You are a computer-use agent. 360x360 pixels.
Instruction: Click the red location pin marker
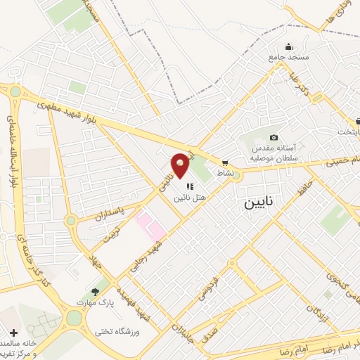181,165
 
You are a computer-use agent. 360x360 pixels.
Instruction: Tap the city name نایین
261,203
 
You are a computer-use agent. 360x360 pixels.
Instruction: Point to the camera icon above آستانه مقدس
274,137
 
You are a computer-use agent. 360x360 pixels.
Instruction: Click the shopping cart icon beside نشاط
224,161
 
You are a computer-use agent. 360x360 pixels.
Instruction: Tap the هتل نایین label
193,199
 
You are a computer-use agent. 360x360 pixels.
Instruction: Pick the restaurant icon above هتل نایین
190,186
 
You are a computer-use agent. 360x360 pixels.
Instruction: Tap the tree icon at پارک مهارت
95,291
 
